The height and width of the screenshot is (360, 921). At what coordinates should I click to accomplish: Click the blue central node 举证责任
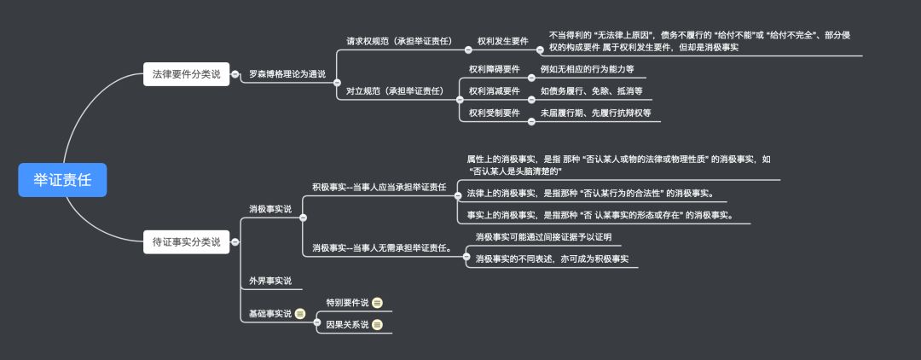[x=62, y=179]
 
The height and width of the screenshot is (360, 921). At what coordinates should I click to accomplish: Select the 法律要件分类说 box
[x=186, y=74]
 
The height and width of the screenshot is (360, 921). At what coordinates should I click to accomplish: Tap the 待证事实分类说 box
[x=186, y=241]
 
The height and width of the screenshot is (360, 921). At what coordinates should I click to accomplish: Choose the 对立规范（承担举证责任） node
[x=395, y=90]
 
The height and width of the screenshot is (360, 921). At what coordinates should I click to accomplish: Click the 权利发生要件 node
[x=502, y=41]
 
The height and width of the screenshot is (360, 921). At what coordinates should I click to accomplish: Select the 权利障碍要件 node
[x=494, y=69]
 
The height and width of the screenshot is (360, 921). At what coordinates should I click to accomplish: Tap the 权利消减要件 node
[x=494, y=91]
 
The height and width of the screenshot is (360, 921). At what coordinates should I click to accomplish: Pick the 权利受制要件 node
[x=494, y=113]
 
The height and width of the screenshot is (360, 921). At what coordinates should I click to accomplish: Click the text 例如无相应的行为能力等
[x=587, y=69]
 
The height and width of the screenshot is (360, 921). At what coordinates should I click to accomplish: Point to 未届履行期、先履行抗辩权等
[x=595, y=113]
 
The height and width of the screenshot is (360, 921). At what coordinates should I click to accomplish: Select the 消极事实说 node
[x=269, y=209]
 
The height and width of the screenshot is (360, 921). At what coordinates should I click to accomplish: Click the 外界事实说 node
[x=269, y=281]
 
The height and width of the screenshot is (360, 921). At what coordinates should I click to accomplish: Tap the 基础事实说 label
[x=269, y=314]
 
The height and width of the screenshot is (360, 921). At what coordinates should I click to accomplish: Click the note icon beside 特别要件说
[x=377, y=303]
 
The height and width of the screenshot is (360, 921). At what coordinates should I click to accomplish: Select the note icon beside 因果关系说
[x=377, y=325]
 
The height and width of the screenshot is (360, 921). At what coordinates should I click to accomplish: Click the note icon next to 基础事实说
[x=300, y=314]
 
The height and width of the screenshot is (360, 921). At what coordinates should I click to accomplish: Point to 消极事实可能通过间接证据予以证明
[x=543, y=237]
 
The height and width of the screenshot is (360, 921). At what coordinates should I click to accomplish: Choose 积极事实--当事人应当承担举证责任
[x=379, y=187]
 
